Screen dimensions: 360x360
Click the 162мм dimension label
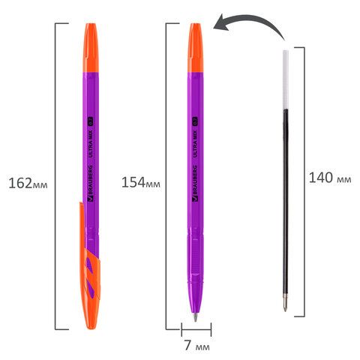28,183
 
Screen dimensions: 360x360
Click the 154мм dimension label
141,182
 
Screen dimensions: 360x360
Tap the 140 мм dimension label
330,178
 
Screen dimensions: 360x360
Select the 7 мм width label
197,346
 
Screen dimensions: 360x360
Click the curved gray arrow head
221,22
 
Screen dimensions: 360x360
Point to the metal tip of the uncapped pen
195,317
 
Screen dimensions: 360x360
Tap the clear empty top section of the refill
286,79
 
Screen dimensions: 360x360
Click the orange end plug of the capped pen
91,48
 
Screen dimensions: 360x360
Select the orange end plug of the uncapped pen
196,48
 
